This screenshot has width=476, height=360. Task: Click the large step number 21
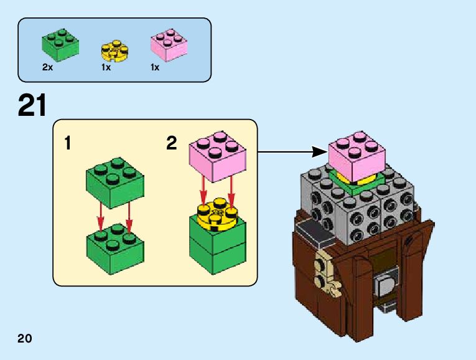pyautogui.click(x=32, y=106)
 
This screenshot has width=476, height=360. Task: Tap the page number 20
pyautogui.click(x=25, y=338)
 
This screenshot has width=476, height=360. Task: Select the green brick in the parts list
pyautogui.click(x=60, y=42)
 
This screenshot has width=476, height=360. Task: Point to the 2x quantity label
pyautogui.click(x=47, y=67)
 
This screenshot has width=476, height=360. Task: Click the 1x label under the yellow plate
pyautogui.click(x=106, y=67)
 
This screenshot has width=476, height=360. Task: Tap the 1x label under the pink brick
pyautogui.click(x=155, y=67)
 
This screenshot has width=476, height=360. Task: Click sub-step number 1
pyautogui.click(x=67, y=144)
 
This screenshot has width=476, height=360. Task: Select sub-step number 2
pyautogui.click(x=172, y=144)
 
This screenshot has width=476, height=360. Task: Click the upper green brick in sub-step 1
pyautogui.click(x=114, y=181)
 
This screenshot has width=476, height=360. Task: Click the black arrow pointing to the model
pyautogui.click(x=292, y=150)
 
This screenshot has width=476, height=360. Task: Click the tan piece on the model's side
pyautogui.click(x=327, y=271)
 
